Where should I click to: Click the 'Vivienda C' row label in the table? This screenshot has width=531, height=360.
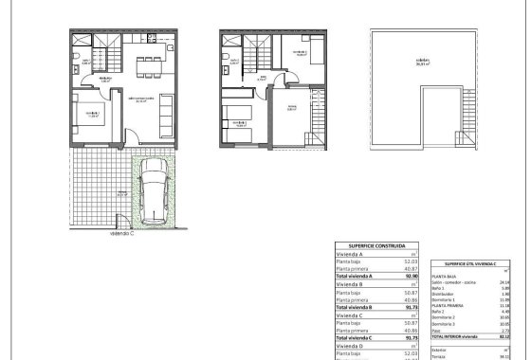tap(352, 315)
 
